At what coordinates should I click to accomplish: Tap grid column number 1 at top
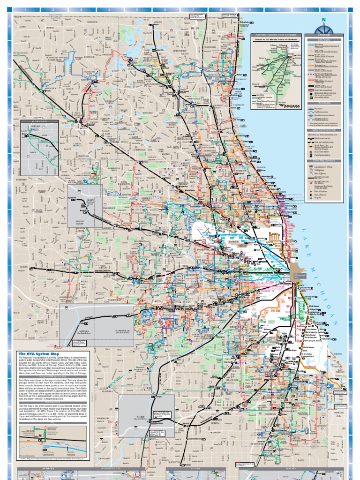pos(25,9)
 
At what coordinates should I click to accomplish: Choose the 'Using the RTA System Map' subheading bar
pos(37,376)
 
